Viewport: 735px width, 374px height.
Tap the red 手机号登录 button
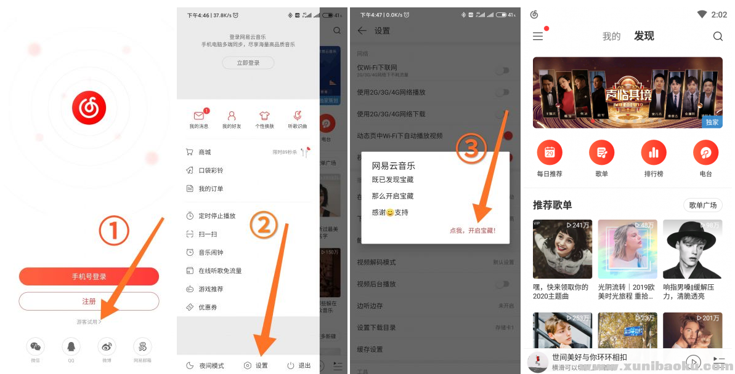[89, 277]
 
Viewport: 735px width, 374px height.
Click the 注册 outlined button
[89, 301]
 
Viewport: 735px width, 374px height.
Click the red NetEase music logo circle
[89, 108]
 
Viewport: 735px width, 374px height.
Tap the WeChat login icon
[36, 346]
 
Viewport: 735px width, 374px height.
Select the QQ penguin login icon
[71, 346]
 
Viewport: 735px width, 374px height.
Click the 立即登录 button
[248, 63]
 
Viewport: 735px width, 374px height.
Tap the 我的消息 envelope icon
[198, 116]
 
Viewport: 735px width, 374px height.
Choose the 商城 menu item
[205, 152]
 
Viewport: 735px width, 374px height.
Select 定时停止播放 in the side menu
[217, 216]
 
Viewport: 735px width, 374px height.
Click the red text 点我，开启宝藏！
[473, 231]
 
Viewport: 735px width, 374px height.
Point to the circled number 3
[471, 149]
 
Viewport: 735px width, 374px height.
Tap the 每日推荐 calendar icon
[550, 153]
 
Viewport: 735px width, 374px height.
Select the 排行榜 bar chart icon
[654, 153]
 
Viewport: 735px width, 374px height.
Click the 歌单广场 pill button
[702, 205]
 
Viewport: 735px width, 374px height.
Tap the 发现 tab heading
[644, 36]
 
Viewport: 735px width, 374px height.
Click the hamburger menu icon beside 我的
[538, 37]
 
